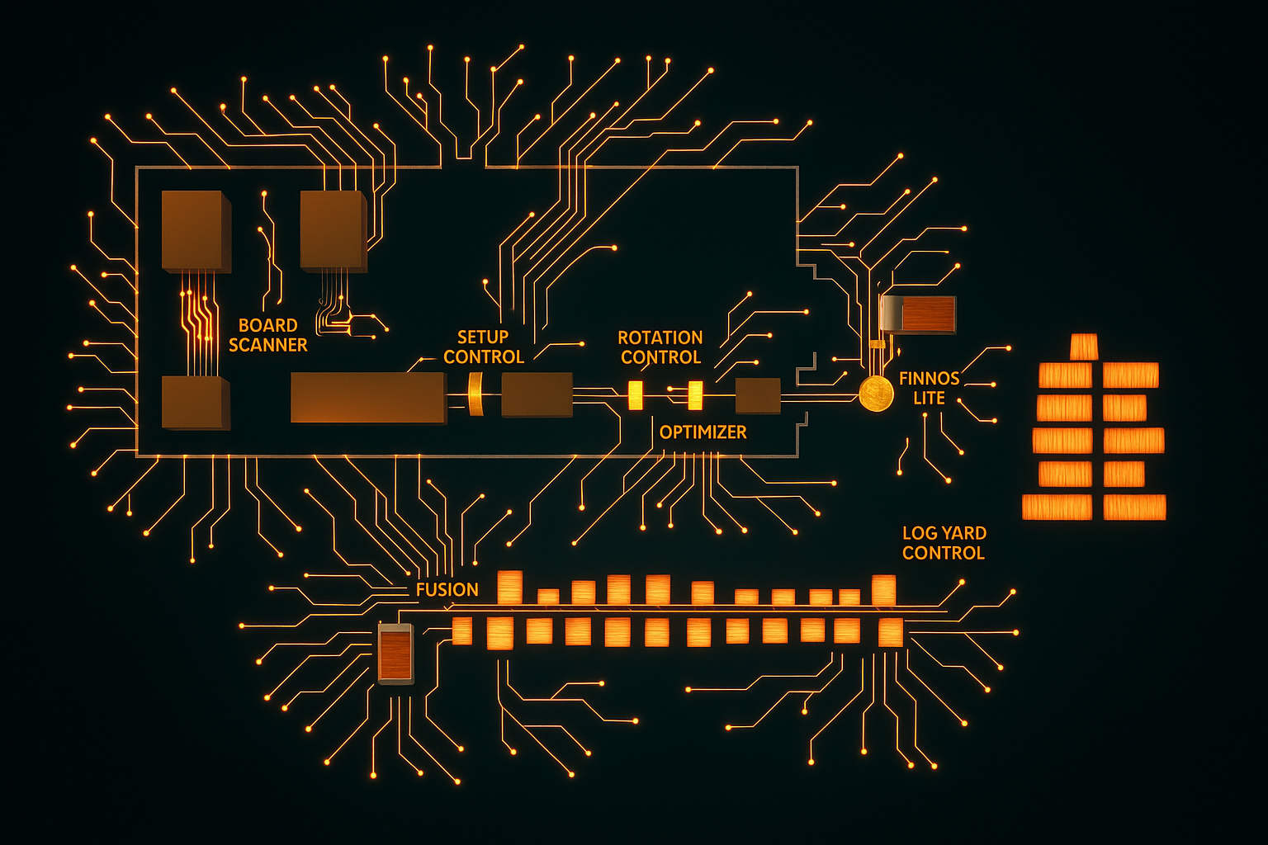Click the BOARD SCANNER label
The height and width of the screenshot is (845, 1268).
pos(267,335)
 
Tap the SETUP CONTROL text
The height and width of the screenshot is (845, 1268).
pos(484,347)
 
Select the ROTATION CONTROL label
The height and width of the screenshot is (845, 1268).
pos(660,347)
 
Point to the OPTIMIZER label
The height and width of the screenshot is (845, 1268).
pos(703,432)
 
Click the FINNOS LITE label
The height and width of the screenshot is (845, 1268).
pos(929,388)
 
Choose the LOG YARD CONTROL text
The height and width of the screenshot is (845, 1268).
pos(944,543)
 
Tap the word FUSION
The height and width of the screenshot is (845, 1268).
pos(447,589)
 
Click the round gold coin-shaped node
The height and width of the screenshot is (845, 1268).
pos(876,394)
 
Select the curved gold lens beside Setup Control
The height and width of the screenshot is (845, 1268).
pos(475,394)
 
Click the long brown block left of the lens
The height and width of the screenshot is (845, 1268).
pos(368,397)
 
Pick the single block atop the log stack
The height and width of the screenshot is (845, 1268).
pos(1084,347)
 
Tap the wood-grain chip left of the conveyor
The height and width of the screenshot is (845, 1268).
pos(395,654)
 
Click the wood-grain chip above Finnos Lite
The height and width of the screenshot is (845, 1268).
pos(919,314)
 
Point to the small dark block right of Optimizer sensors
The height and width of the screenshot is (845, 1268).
pos(757,396)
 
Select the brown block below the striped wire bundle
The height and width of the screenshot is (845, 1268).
pos(195,403)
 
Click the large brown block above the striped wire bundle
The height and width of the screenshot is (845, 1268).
pos(195,231)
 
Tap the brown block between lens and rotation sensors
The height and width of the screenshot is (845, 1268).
pos(537,394)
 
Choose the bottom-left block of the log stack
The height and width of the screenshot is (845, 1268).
pos(1057,507)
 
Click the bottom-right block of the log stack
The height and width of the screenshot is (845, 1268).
pos(1134,507)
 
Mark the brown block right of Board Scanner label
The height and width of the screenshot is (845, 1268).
pos(333,230)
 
